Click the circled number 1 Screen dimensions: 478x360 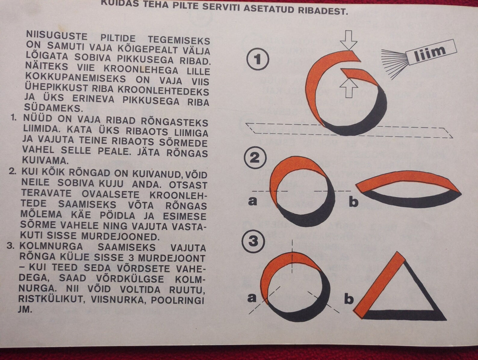[x=258, y=59]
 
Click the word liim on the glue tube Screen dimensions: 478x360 [x=430, y=54]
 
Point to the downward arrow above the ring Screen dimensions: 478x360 [x=348, y=40]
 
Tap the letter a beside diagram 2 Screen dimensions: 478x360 [x=253, y=201]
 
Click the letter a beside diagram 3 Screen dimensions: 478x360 [x=252, y=298]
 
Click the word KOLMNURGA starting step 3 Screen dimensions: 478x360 [x=51, y=246]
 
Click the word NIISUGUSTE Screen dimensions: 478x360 [x=57, y=35]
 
